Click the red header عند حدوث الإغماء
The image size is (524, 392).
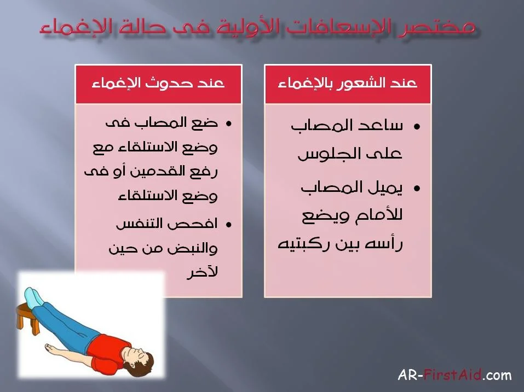point(158,84)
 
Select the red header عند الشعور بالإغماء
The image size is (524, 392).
point(348,84)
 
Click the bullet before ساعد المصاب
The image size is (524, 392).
point(416,127)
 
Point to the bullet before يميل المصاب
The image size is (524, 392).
point(416,189)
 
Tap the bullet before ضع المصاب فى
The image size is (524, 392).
point(228,124)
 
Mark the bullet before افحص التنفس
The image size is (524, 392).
point(228,225)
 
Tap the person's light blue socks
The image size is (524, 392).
point(33,296)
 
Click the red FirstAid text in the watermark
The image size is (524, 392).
point(453,375)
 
